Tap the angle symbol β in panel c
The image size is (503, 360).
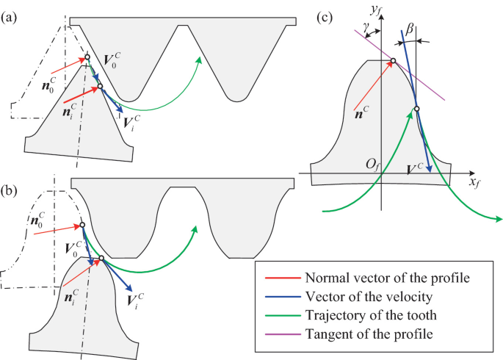(410, 28)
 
